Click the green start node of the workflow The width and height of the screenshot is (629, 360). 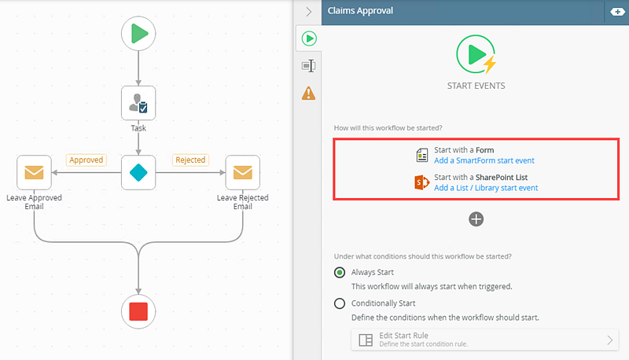(x=138, y=33)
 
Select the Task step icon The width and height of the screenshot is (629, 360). (x=138, y=102)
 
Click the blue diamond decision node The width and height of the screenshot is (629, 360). (x=138, y=171)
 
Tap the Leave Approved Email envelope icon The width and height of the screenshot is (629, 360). (x=34, y=172)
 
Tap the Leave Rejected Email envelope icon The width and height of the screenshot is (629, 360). (x=242, y=172)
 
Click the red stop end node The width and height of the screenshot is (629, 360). (x=138, y=311)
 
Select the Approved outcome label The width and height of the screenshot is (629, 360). (x=86, y=160)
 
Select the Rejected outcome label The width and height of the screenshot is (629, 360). (x=190, y=160)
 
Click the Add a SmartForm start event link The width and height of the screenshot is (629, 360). (x=484, y=160)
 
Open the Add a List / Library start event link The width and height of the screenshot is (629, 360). (x=485, y=188)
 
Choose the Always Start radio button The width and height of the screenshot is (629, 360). (x=340, y=273)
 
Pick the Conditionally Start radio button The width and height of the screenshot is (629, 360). (x=340, y=303)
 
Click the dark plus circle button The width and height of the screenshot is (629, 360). (x=476, y=219)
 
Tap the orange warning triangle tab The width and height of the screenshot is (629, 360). (x=309, y=93)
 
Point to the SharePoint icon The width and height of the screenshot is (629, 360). (x=421, y=182)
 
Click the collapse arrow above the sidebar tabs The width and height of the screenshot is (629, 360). (x=309, y=12)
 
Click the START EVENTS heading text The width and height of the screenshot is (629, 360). (x=476, y=86)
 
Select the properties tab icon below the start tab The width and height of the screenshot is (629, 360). (x=309, y=66)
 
